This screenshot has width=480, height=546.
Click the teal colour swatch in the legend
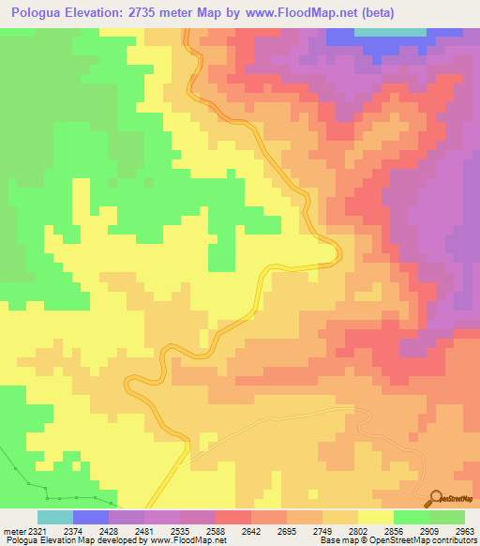[x=55, y=517]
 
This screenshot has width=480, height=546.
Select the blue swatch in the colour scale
[x=91, y=517]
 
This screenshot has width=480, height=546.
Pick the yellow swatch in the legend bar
[x=376, y=517]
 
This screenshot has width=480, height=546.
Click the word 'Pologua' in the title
[x=40, y=13]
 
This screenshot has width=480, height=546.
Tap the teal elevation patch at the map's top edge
[x=388, y=32]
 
